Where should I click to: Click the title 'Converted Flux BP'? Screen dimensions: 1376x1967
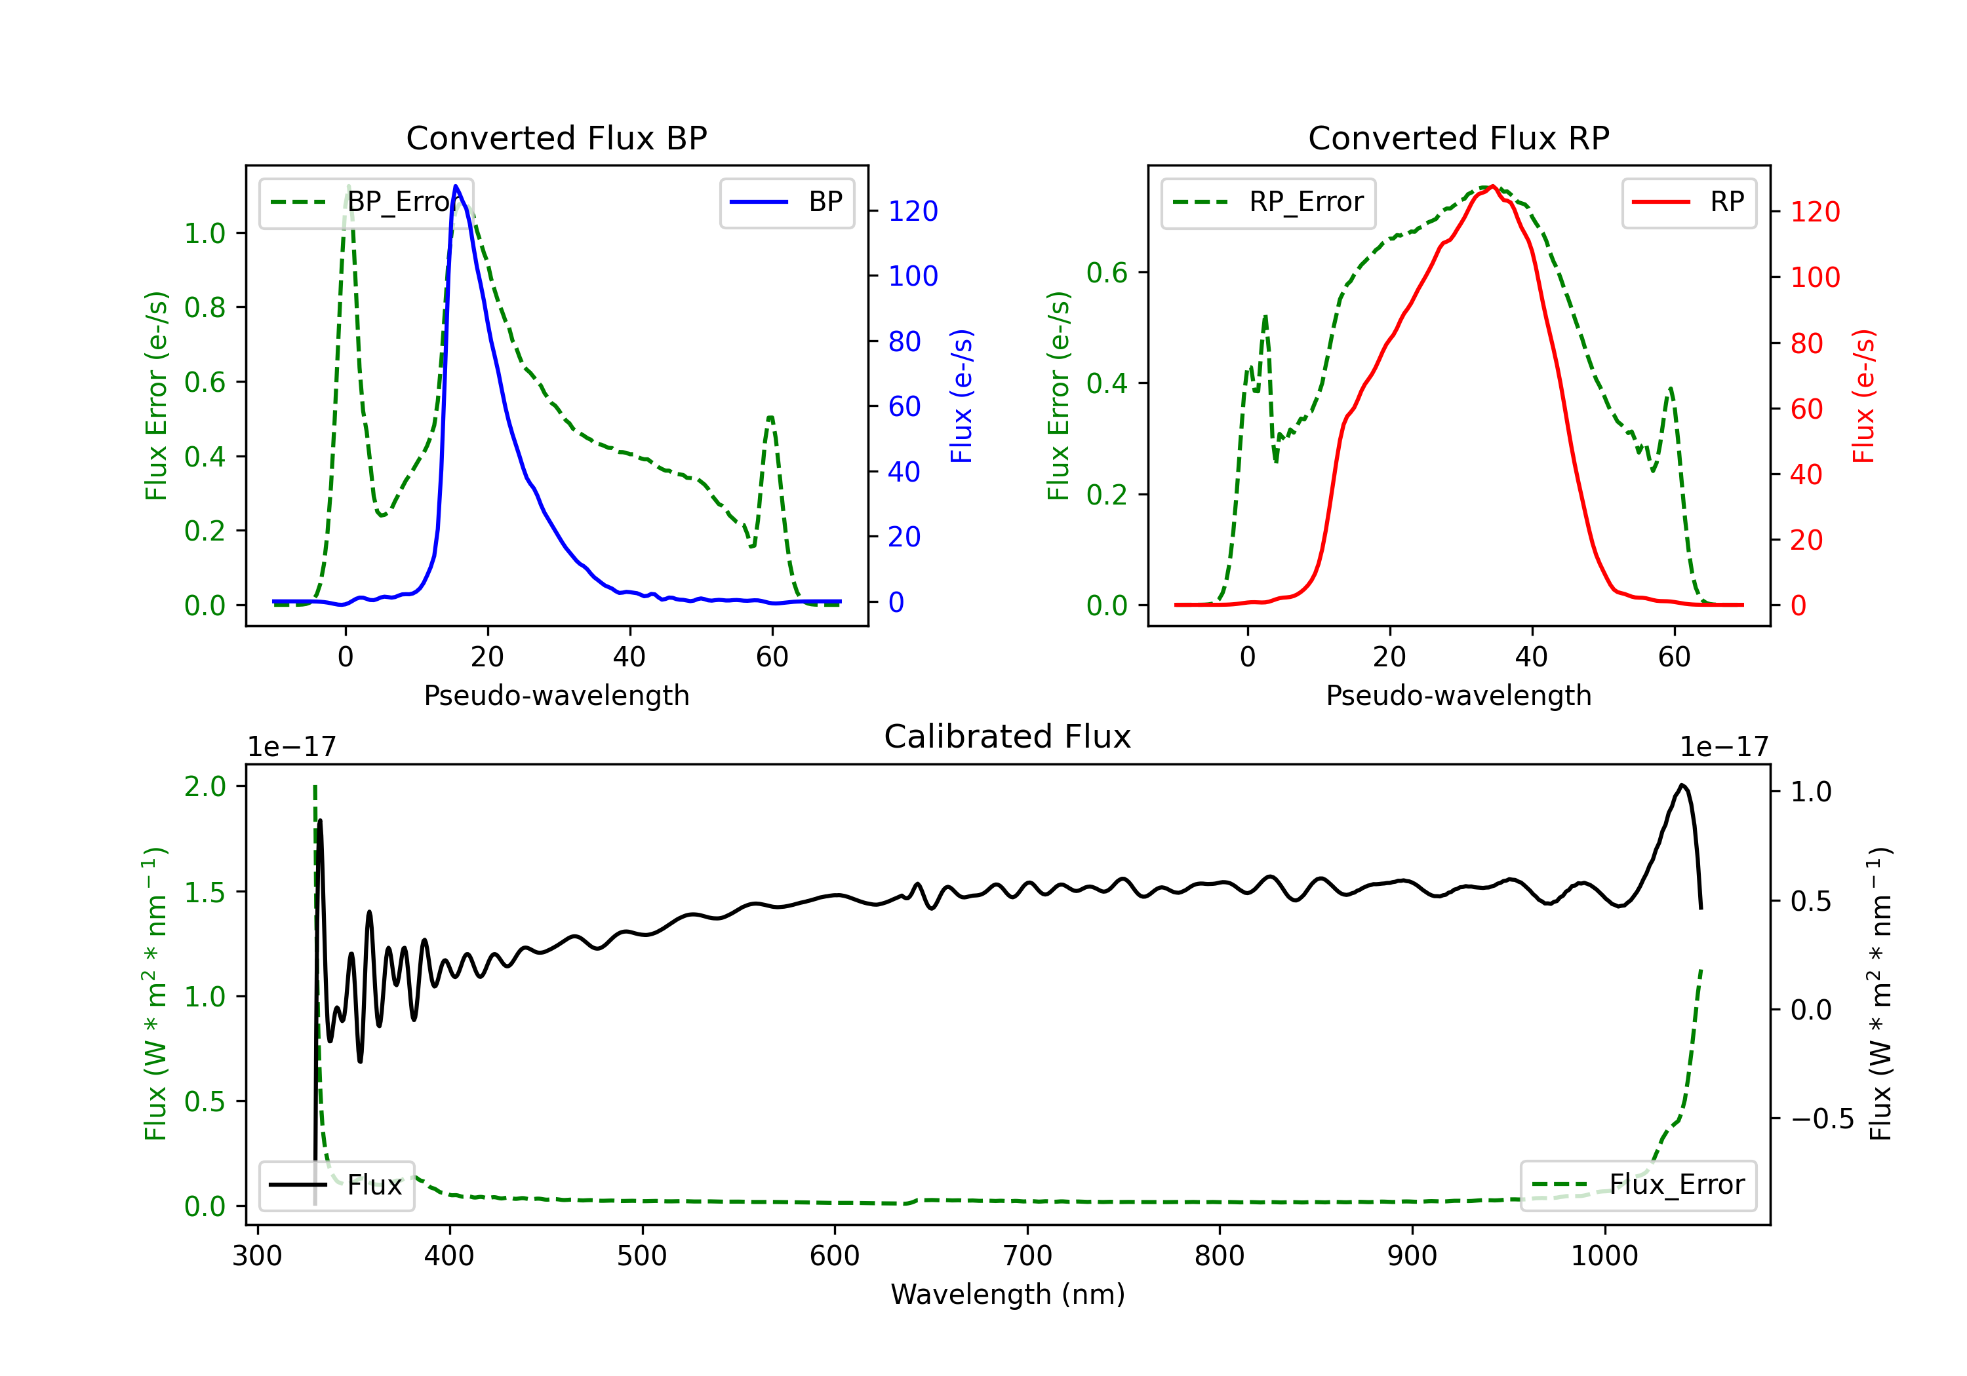pyautogui.click(x=556, y=138)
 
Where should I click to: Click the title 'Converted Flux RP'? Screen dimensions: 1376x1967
pyautogui.click(x=1458, y=138)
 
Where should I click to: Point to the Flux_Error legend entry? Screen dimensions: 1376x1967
pyautogui.click(x=1637, y=1185)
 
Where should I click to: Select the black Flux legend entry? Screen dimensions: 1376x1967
pyautogui.click(x=337, y=1185)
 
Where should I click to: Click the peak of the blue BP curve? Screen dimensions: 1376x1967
pyautogui.click(x=456, y=186)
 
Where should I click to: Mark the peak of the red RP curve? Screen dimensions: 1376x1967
pyautogui.click(x=1492, y=186)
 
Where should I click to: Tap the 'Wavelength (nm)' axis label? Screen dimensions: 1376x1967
pyautogui.click(x=1008, y=1294)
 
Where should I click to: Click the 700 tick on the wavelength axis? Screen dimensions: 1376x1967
pyautogui.click(x=1027, y=1255)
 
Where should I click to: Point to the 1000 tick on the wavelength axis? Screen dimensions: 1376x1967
pyautogui.click(x=1604, y=1255)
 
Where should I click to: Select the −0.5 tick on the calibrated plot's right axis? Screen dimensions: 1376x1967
pyautogui.click(x=1821, y=1119)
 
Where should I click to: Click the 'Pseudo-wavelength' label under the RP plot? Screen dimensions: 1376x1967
pyautogui.click(x=1458, y=695)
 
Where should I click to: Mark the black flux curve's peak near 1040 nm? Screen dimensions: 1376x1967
pyautogui.click(x=1682, y=785)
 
